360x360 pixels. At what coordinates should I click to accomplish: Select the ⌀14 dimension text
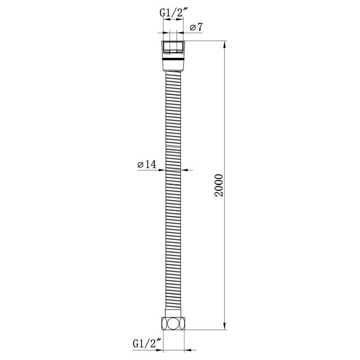coord(146,165)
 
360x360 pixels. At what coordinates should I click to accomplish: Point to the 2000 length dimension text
coord(219,186)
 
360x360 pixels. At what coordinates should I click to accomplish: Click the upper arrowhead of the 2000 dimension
coord(225,44)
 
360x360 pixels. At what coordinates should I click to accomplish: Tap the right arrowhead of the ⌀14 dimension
coord(184,170)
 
